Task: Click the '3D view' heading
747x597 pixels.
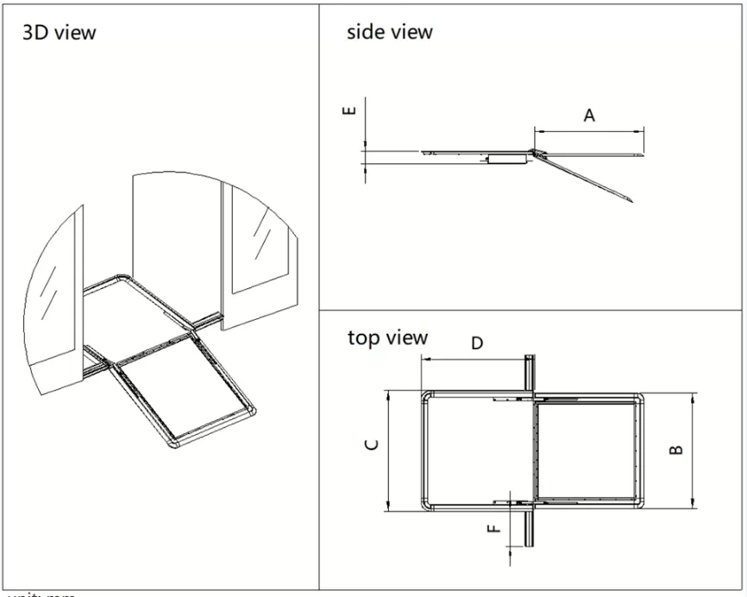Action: pyautogui.click(x=59, y=34)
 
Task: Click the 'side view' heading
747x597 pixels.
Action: pyautogui.click(x=389, y=33)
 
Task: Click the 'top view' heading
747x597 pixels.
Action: pyautogui.click(x=387, y=337)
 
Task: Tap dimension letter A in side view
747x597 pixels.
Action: pyautogui.click(x=589, y=115)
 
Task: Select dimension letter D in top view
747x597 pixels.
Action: pyautogui.click(x=477, y=343)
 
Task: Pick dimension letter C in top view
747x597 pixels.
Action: pyautogui.click(x=371, y=444)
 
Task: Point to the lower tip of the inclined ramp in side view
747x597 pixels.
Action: pyautogui.click(x=631, y=200)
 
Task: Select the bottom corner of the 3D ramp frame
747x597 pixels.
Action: pyautogui.click(x=172, y=443)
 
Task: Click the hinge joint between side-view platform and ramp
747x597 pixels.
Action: pyautogui.click(x=535, y=154)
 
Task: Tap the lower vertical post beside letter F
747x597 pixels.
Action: pyautogui.click(x=530, y=528)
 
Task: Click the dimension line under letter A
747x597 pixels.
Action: pyautogui.click(x=589, y=130)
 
